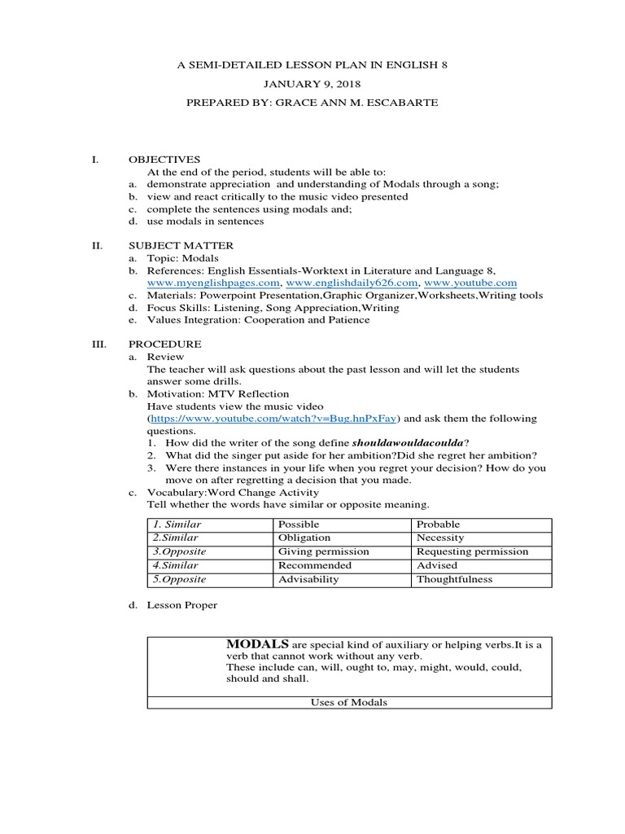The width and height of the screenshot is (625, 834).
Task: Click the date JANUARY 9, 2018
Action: (x=312, y=83)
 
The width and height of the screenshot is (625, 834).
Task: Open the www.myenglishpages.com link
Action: (x=214, y=282)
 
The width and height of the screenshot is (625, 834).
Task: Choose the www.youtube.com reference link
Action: (x=467, y=282)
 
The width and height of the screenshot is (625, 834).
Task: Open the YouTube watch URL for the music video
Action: (x=273, y=419)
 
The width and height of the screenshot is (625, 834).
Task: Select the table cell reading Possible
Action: (x=299, y=525)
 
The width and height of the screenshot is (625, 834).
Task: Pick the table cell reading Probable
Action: (x=438, y=525)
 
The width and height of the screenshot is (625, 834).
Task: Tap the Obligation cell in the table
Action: (x=304, y=538)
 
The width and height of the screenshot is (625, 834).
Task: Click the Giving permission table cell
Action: (x=323, y=551)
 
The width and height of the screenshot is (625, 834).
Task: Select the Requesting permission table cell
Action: (x=472, y=551)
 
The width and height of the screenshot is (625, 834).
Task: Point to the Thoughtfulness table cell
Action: (x=454, y=579)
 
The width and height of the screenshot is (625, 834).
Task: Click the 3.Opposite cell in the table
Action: (x=177, y=551)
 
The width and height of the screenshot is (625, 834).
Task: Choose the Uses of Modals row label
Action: (x=349, y=703)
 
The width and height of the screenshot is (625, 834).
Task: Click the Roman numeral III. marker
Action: (x=98, y=345)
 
